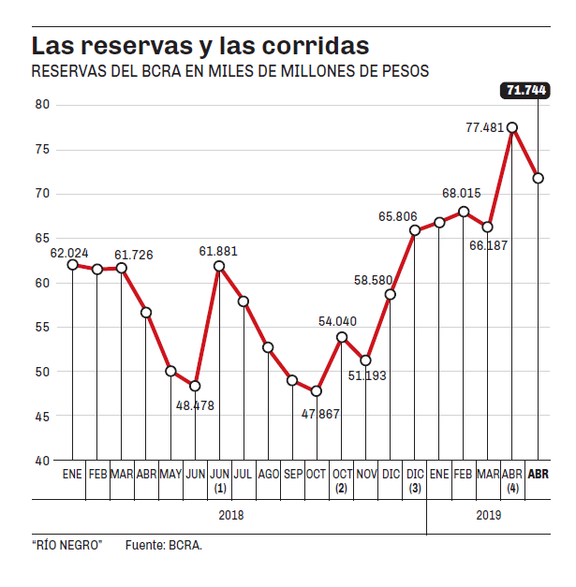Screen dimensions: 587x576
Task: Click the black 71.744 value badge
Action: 525,90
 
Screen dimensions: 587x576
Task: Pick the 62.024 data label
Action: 68,253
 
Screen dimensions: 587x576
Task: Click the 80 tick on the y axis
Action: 43,105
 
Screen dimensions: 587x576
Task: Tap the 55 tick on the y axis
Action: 43,327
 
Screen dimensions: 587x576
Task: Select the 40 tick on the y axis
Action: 43,461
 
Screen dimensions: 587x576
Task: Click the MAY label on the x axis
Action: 170,475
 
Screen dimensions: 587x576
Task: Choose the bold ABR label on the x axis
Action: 539,475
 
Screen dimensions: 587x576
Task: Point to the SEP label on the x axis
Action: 292,475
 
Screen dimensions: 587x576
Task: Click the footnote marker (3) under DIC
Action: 415,489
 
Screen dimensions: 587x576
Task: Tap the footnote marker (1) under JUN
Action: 219,489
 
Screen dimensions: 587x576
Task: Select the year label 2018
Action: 231,515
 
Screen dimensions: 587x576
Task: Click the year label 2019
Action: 489,515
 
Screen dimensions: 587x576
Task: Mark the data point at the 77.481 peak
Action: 512,127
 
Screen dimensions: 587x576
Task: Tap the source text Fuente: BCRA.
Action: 164,544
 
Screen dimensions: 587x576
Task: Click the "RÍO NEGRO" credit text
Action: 66,544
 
